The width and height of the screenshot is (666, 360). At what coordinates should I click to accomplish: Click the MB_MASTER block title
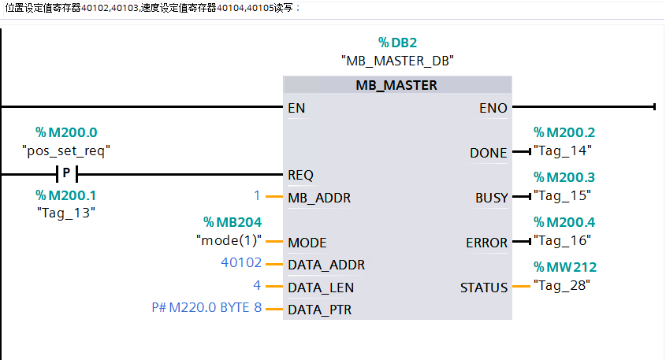coord(396,85)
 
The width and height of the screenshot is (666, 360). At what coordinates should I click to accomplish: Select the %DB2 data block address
coord(397,43)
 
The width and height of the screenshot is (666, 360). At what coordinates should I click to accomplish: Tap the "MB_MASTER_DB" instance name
coord(397,60)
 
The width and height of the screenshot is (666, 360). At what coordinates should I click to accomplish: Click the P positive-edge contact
coord(66,173)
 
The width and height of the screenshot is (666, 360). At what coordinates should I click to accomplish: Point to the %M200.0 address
coord(66,132)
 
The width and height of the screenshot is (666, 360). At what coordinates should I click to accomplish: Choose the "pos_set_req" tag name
coord(66,150)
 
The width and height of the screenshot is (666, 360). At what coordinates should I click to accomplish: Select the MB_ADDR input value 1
coord(257,195)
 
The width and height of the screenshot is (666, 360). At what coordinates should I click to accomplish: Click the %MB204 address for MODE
coord(233,223)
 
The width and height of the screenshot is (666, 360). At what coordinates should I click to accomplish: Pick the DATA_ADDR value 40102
coord(241,263)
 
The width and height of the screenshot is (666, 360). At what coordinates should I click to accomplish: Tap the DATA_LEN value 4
coord(257,286)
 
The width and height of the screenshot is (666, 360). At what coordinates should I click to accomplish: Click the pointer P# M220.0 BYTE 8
coord(206,309)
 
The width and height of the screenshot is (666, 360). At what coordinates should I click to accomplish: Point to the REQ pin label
coord(301,175)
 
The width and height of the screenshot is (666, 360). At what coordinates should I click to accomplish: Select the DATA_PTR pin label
coord(320,310)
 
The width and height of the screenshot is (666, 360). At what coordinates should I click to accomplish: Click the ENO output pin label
coord(493,108)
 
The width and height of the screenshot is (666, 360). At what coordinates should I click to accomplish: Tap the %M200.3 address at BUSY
coord(564,177)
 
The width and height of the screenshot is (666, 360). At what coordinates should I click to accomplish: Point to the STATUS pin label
coord(484,288)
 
